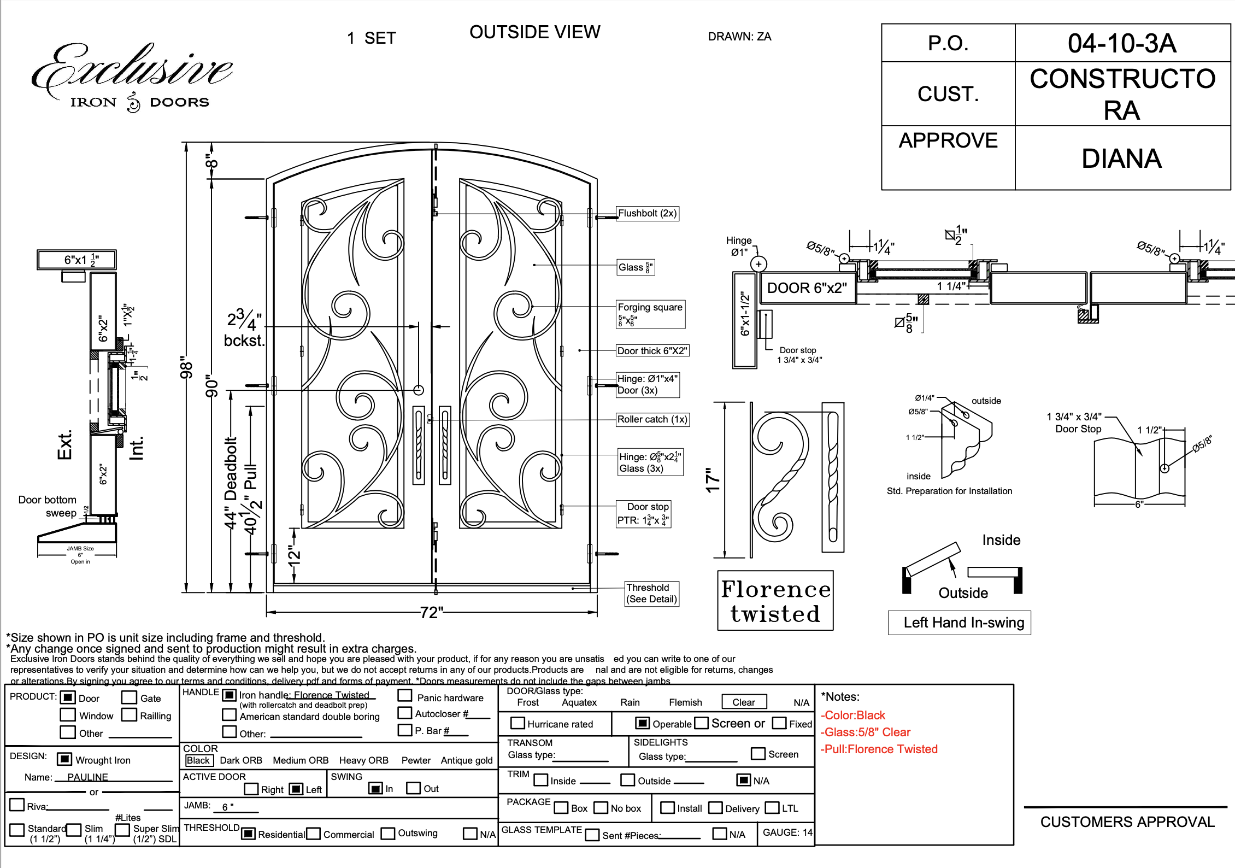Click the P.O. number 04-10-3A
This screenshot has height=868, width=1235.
[x=1121, y=43]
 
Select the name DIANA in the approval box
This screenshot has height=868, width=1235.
[x=1121, y=159]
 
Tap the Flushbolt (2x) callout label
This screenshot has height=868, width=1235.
[x=647, y=213]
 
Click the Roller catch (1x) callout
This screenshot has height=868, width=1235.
[x=652, y=419]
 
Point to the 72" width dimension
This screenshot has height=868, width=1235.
[x=431, y=612]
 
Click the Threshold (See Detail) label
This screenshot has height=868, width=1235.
[x=652, y=594]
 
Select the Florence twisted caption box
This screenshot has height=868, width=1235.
[x=775, y=601]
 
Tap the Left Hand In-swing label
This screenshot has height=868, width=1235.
[x=963, y=623]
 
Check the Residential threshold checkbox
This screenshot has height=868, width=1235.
[x=248, y=834]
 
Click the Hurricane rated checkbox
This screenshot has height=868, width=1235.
[x=517, y=723]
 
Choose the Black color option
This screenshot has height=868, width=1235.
[x=198, y=760]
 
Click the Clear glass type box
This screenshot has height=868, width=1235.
[x=743, y=702]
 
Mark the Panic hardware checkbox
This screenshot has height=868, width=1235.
[x=405, y=696]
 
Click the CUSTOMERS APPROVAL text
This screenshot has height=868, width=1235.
[x=1127, y=822]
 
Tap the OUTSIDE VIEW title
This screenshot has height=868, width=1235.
[x=534, y=32]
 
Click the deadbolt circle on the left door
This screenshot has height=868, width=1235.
[x=419, y=390]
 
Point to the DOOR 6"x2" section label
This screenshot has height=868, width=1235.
[x=807, y=288]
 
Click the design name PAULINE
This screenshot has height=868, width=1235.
[x=87, y=777]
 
